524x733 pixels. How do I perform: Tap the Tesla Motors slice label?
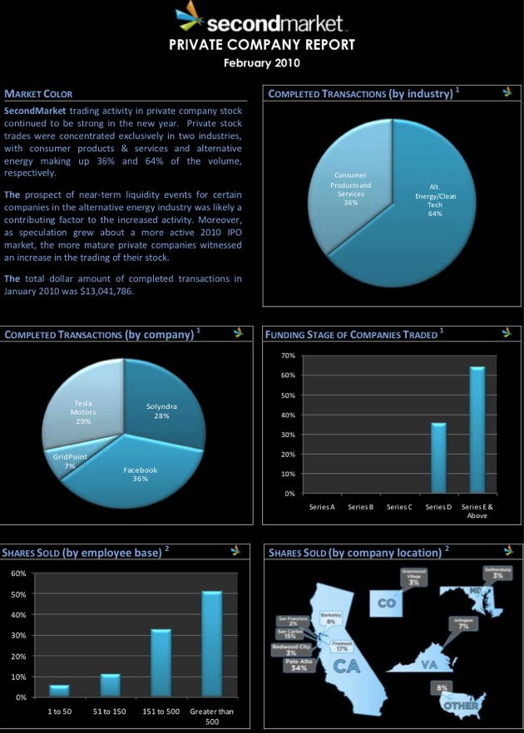coord(83,411)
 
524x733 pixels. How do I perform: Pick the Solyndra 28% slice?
coord(163,411)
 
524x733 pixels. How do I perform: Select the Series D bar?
coord(437,458)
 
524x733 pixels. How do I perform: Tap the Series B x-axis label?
coord(360,506)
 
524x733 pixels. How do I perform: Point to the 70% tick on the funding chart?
coord(288,356)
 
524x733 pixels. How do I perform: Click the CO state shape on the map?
coord(387,602)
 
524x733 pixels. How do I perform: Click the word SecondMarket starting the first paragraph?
coord(35,110)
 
